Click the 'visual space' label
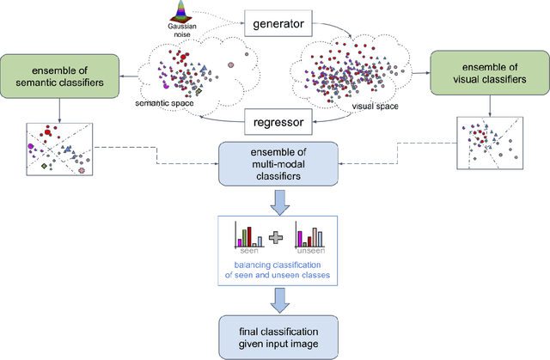tap(376, 109)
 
